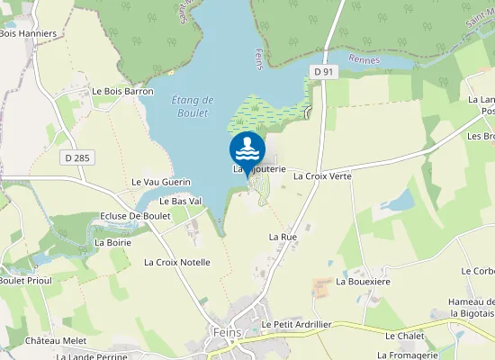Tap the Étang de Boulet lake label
pyautogui.click(x=191, y=105)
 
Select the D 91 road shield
pyautogui.click(x=325, y=71)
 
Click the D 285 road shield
pyautogui.click(x=77, y=157)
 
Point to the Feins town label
pyautogui.click(x=221, y=332)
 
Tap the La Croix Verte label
pyautogui.click(x=322, y=176)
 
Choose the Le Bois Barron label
pyautogui.click(x=122, y=91)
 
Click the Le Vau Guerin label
pyautogui.click(x=161, y=182)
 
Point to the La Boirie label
pyautogui.click(x=112, y=242)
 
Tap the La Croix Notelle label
pyautogui.click(x=177, y=262)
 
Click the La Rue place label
pyautogui.click(x=283, y=236)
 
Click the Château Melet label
pyautogui.click(x=56, y=341)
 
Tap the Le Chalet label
pyautogui.click(x=404, y=336)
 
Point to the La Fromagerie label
pyautogui.click(x=407, y=355)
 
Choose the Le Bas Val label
pyautogui.click(x=180, y=201)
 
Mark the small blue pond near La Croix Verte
pyautogui.click(x=397, y=200)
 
